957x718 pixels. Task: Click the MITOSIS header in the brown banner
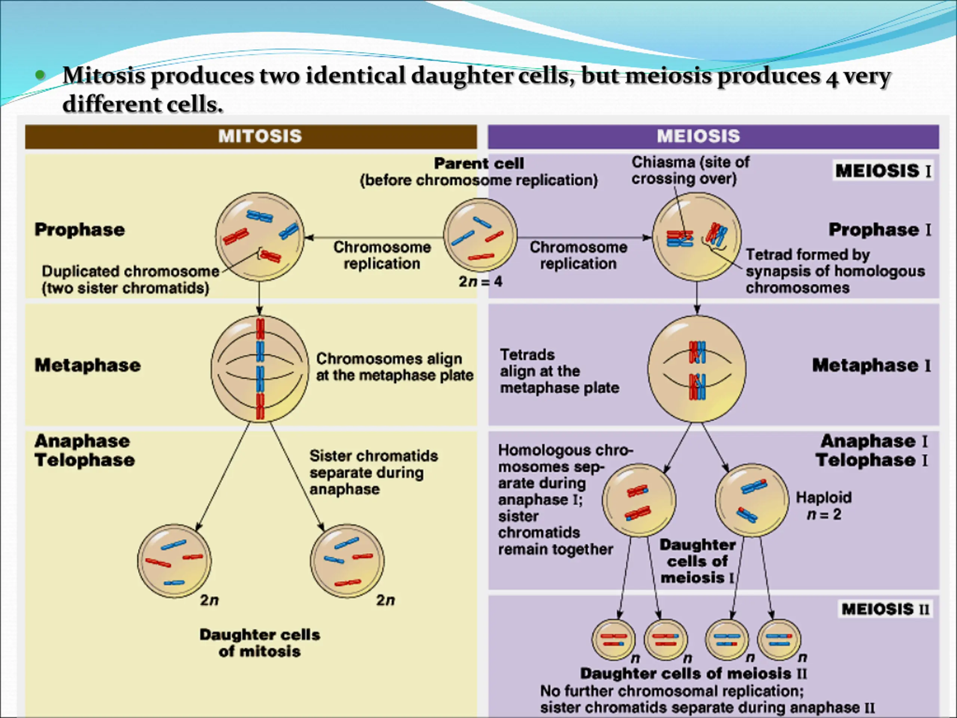[x=260, y=136]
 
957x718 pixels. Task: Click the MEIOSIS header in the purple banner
[x=698, y=136]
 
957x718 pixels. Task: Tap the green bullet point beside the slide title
[x=40, y=75]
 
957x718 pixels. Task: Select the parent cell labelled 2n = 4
[x=480, y=236]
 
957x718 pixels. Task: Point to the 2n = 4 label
[x=480, y=282]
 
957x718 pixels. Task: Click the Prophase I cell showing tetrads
[x=696, y=237]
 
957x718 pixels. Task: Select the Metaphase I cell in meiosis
[x=696, y=369]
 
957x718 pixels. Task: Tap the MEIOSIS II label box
[x=885, y=610]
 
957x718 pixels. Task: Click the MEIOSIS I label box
[x=883, y=171]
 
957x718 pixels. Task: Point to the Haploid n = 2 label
[x=824, y=506]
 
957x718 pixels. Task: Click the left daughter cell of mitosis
[x=174, y=561]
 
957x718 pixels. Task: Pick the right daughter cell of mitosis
[x=347, y=561]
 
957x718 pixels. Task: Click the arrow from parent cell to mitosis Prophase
[x=374, y=237]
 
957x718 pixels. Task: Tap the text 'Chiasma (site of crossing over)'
[x=690, y=170]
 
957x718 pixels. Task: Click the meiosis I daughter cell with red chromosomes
[x=639, y=501]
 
